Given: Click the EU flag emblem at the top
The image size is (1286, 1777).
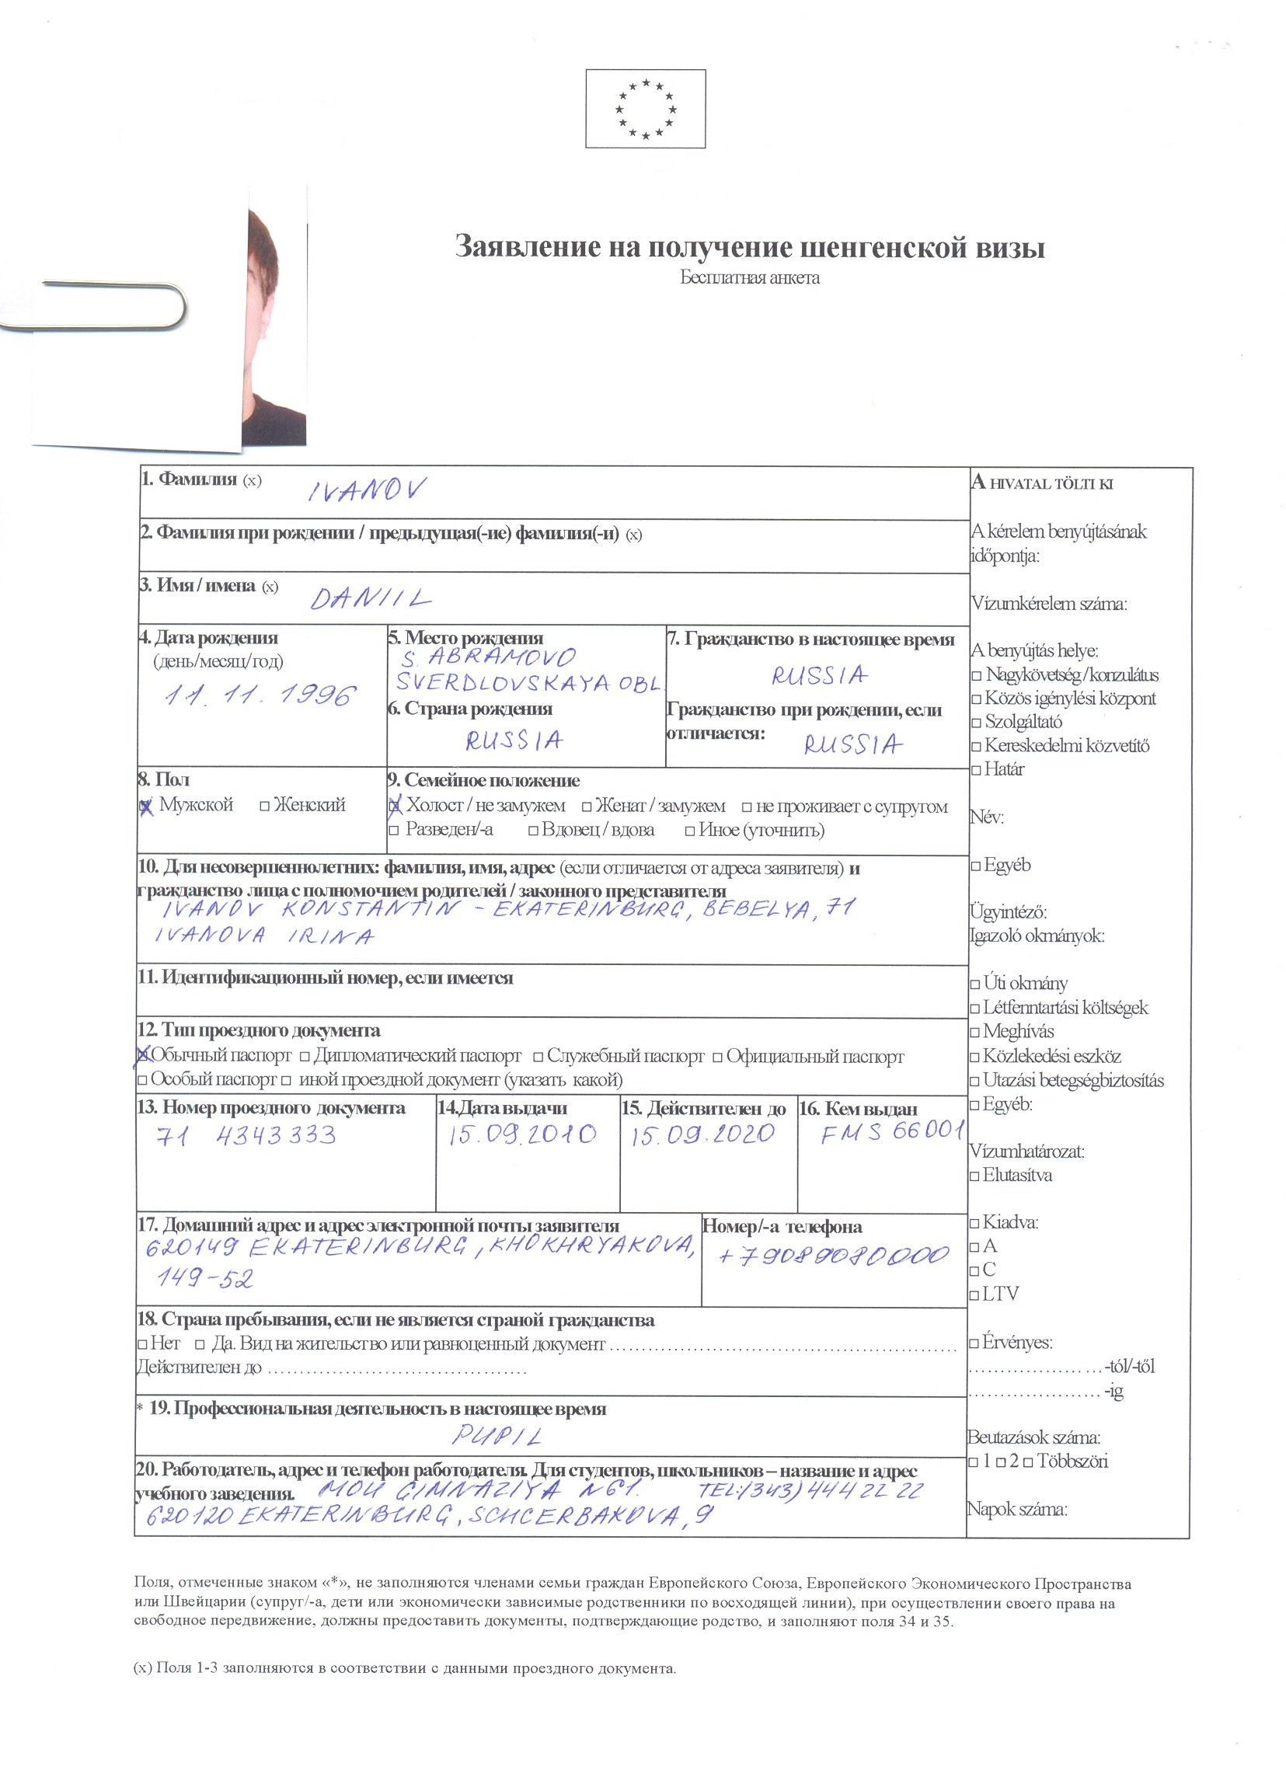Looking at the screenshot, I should (x=645, y=108).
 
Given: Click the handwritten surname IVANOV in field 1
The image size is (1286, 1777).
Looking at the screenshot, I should (x=367, y=490).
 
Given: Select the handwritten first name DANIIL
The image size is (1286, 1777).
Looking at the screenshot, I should (x=371, y=599).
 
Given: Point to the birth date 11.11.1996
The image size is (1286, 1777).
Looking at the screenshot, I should (x=260, y=695).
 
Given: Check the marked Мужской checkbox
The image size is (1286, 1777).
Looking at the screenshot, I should (x=145, y=806).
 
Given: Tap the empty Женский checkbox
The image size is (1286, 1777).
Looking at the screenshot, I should (x=265, y=806).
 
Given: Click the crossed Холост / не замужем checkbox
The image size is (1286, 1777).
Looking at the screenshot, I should (x=394, y=806).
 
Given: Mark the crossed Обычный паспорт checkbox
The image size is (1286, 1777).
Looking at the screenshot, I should (x=143, y=1056).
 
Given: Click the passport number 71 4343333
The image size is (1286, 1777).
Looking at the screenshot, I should (x=247, y=1136).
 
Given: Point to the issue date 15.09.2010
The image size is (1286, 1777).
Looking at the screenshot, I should (x=522, y=1134).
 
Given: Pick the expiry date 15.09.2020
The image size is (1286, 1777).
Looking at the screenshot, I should (x=703, y=1134).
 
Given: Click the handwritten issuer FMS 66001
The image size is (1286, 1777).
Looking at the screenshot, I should (x=891, y=1132).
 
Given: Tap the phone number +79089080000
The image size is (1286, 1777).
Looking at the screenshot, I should (x=833, y=1256).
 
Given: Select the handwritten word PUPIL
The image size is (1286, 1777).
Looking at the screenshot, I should (x=497, y=1436).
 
